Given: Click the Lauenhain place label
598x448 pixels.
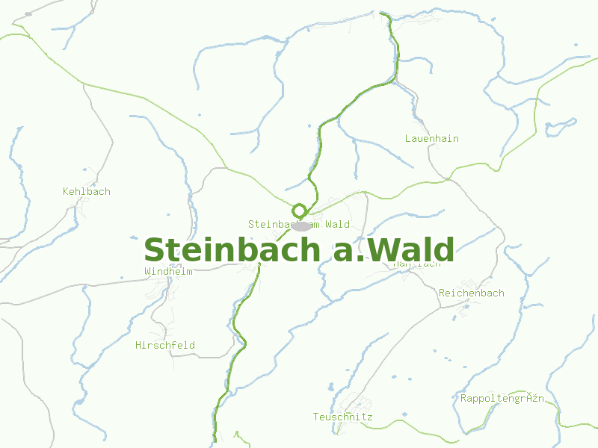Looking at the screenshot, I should (431, 139).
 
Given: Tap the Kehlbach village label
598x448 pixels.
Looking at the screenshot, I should (86, 192).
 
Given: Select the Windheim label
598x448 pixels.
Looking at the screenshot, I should (168, 272).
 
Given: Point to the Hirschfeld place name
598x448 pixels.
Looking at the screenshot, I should (164, 346).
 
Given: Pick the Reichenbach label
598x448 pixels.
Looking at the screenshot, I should (471, 293).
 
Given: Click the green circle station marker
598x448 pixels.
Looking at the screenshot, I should (300, 211).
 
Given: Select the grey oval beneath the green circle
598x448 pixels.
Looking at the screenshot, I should (301, 225).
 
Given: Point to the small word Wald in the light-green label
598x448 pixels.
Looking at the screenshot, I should (337, 224).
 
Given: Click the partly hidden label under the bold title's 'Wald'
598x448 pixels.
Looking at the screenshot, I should (416, 264).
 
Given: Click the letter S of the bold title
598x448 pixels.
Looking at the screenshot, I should (155, 250).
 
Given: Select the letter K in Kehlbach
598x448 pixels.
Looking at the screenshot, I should (66, 192).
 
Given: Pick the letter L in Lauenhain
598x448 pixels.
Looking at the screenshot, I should (408, 139).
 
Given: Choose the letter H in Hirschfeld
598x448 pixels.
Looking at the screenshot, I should (138, 346).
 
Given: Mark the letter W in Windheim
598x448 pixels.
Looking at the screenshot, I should (147, 272).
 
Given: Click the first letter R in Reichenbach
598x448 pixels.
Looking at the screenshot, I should (443, 293).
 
